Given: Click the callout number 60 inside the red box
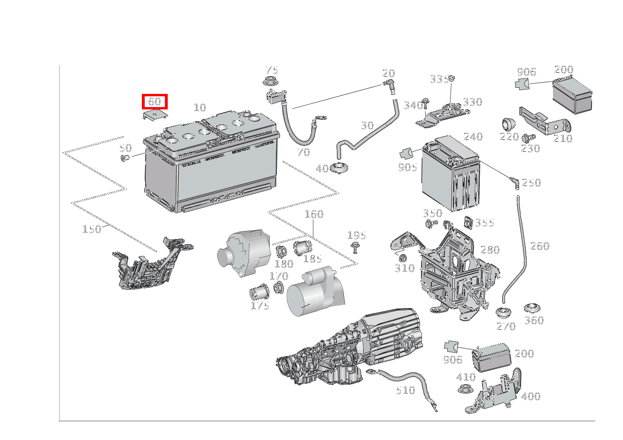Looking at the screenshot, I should pos(155,101).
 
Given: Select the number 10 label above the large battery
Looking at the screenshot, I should pos(200,108).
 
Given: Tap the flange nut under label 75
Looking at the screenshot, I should pos(269,82).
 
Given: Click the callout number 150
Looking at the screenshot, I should pos(92,229).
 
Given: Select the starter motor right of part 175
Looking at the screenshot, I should pos(312,291).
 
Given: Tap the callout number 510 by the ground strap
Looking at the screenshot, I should pos(405,390).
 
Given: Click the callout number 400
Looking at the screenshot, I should pos(530,396).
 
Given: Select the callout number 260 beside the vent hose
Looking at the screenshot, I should pos(539,246).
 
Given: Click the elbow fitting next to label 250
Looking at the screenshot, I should pos(514,181).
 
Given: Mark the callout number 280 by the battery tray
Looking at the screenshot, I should pos(490,250).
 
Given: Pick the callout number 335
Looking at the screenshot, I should pos(439,79).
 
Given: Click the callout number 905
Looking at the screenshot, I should pos(407,167).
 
